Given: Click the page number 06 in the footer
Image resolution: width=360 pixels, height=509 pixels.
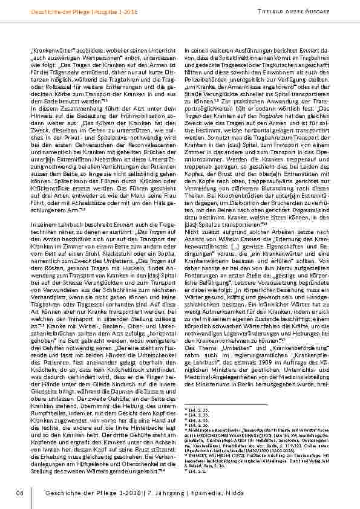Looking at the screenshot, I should point(19,495).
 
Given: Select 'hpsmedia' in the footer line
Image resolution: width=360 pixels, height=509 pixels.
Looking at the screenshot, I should point(197,495).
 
